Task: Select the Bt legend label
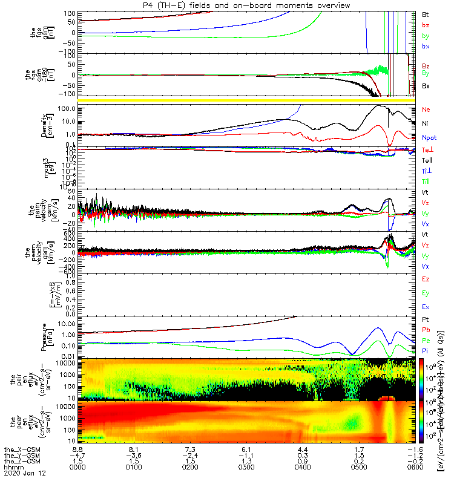point(426,14)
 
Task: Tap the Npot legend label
point(429,137)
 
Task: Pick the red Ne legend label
point(426,110)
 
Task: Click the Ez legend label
point(426,279)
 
